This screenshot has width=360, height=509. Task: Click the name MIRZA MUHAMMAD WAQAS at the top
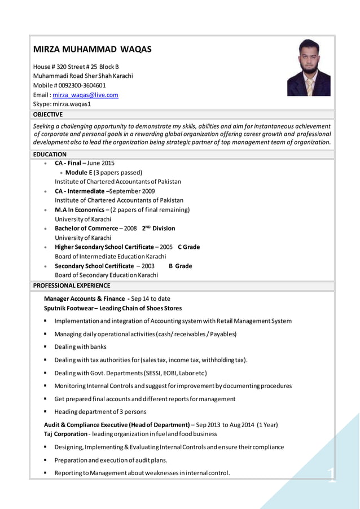(x=92, y=50)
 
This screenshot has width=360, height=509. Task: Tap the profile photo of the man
(x=309, y=68)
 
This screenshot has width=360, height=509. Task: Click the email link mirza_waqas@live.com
(x=85, y=95)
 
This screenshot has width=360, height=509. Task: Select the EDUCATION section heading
(x=50, y=154)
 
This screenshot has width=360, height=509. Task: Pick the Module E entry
(x=79, y=173)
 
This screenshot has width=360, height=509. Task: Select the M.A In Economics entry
(x=81, y=210)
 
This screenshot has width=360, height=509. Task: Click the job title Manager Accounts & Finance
(x=84, y=299)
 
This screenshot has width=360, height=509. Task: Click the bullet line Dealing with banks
(x=80, y=346)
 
